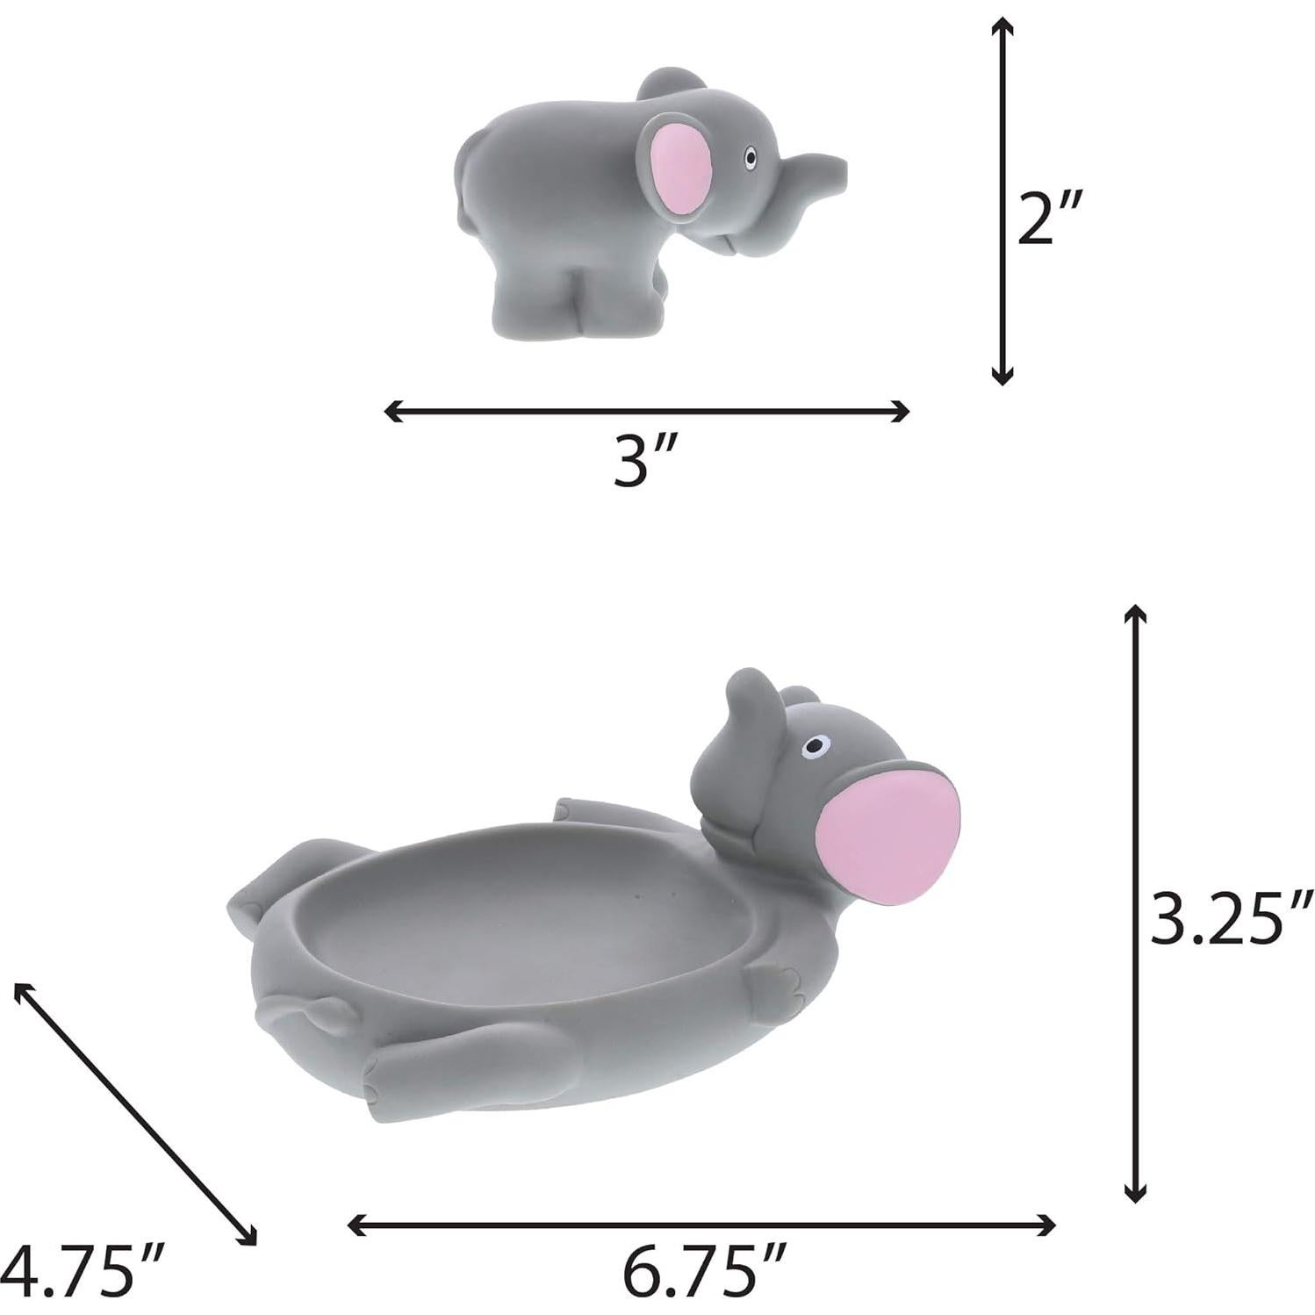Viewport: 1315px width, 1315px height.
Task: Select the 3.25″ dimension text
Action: [x=1231, y=917]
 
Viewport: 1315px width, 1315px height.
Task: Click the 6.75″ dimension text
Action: [x=704, y=1271]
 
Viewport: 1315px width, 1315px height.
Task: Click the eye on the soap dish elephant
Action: [x=816, y=746]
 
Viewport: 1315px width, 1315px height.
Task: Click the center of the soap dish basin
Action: [x=527, y=922]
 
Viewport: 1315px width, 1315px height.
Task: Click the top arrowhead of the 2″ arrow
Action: [x=1001, y=26]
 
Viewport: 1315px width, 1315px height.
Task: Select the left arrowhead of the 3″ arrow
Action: [x=392, y=410]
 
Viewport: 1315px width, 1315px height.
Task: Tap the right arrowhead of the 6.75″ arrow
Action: [x=1048, y=1225]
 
